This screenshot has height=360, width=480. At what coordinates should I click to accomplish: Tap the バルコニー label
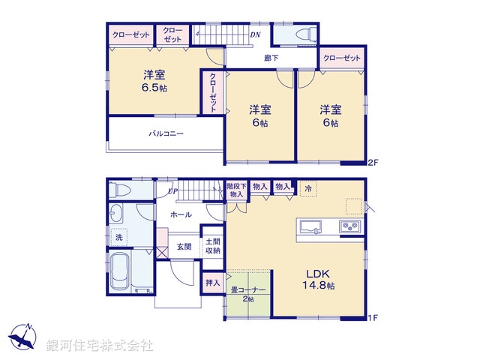166,133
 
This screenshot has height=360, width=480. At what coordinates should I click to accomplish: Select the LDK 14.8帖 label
319,280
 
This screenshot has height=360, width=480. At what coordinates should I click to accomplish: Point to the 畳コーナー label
248,291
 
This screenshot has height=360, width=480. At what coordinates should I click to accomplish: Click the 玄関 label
184,245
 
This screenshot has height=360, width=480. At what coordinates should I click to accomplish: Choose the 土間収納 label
213,246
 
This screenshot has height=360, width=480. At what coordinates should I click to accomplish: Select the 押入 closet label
212,282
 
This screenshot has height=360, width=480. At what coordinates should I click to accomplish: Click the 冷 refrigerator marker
307,190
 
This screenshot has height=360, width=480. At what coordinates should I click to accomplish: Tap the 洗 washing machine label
118,238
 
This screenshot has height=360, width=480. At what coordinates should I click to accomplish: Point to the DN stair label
255,34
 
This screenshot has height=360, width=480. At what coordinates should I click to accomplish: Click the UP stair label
172,191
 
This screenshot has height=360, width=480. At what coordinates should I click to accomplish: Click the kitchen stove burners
350,226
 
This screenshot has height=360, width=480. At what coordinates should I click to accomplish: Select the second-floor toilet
302,34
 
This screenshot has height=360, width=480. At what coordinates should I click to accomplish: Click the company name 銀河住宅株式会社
99,346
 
